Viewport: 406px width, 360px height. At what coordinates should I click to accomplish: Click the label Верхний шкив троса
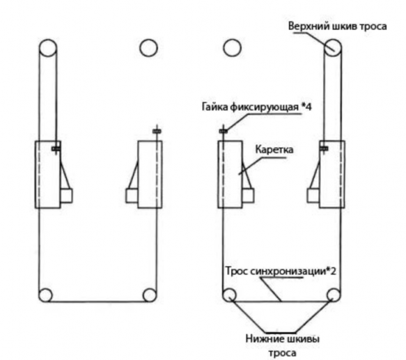pos(337,26)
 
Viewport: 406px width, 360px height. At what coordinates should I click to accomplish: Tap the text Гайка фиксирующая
pos(250,107)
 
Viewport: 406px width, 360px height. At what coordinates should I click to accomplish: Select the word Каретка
pos(274,150)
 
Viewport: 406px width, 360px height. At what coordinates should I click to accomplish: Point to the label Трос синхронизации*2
pos(281,271)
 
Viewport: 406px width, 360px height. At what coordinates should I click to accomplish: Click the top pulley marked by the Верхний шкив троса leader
pos(333,47)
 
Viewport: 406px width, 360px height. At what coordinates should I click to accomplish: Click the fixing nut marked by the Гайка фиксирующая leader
pos(224,132)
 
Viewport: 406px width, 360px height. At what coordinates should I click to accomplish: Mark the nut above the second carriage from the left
pos(157,132)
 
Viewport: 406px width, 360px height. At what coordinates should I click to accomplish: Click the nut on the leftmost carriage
pos(56,149)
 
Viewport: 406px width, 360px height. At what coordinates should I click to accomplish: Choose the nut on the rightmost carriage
pos(324,148)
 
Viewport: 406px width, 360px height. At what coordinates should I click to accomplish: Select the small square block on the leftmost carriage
pos(66,196)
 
